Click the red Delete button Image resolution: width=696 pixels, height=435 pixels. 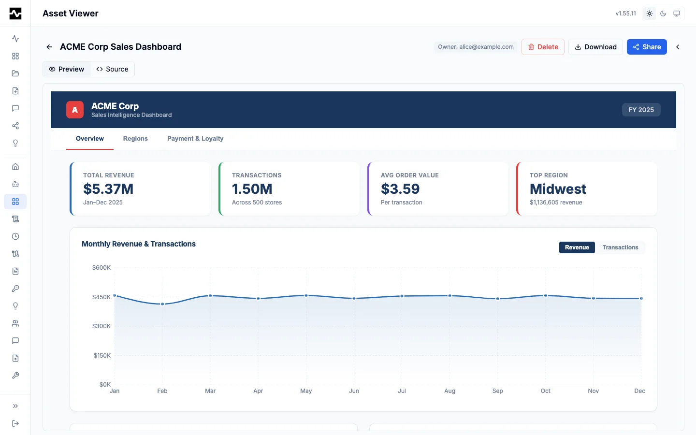click(x=543, y=47)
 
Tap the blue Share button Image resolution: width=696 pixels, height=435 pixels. click(x=647, y=47)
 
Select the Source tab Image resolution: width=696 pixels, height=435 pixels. click(x=112, y=69)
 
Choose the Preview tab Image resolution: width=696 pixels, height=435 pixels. click(x=67, y=69)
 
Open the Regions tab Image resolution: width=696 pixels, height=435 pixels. click(x=135, y=139)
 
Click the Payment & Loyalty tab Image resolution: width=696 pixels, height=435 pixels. click(x=195, y=139)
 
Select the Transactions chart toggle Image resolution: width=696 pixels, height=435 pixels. click(x=620, y=247)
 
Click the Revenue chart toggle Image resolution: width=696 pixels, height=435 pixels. click(x=577, y=247)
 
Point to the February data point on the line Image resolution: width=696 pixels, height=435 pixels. click(x=162, y=304)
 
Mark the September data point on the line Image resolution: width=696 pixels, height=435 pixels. click(x=498, y=299)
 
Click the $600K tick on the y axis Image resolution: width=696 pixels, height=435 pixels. click(x=101, y=268)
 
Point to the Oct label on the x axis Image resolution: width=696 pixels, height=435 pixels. click(x=545, y=391)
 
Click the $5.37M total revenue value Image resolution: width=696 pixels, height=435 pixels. click(x=108, y=189)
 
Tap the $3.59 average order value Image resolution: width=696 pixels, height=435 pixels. click(x=400, y=189)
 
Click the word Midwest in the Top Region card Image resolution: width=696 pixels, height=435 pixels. click(x=558, y=189)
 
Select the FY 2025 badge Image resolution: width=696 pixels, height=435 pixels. click(x=641, y=110)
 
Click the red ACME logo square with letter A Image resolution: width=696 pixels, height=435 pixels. click(x=75, y=110)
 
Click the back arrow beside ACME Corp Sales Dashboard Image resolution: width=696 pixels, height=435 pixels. click(x=49, y=47)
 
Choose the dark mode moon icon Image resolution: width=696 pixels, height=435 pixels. click(x=663, y=14)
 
